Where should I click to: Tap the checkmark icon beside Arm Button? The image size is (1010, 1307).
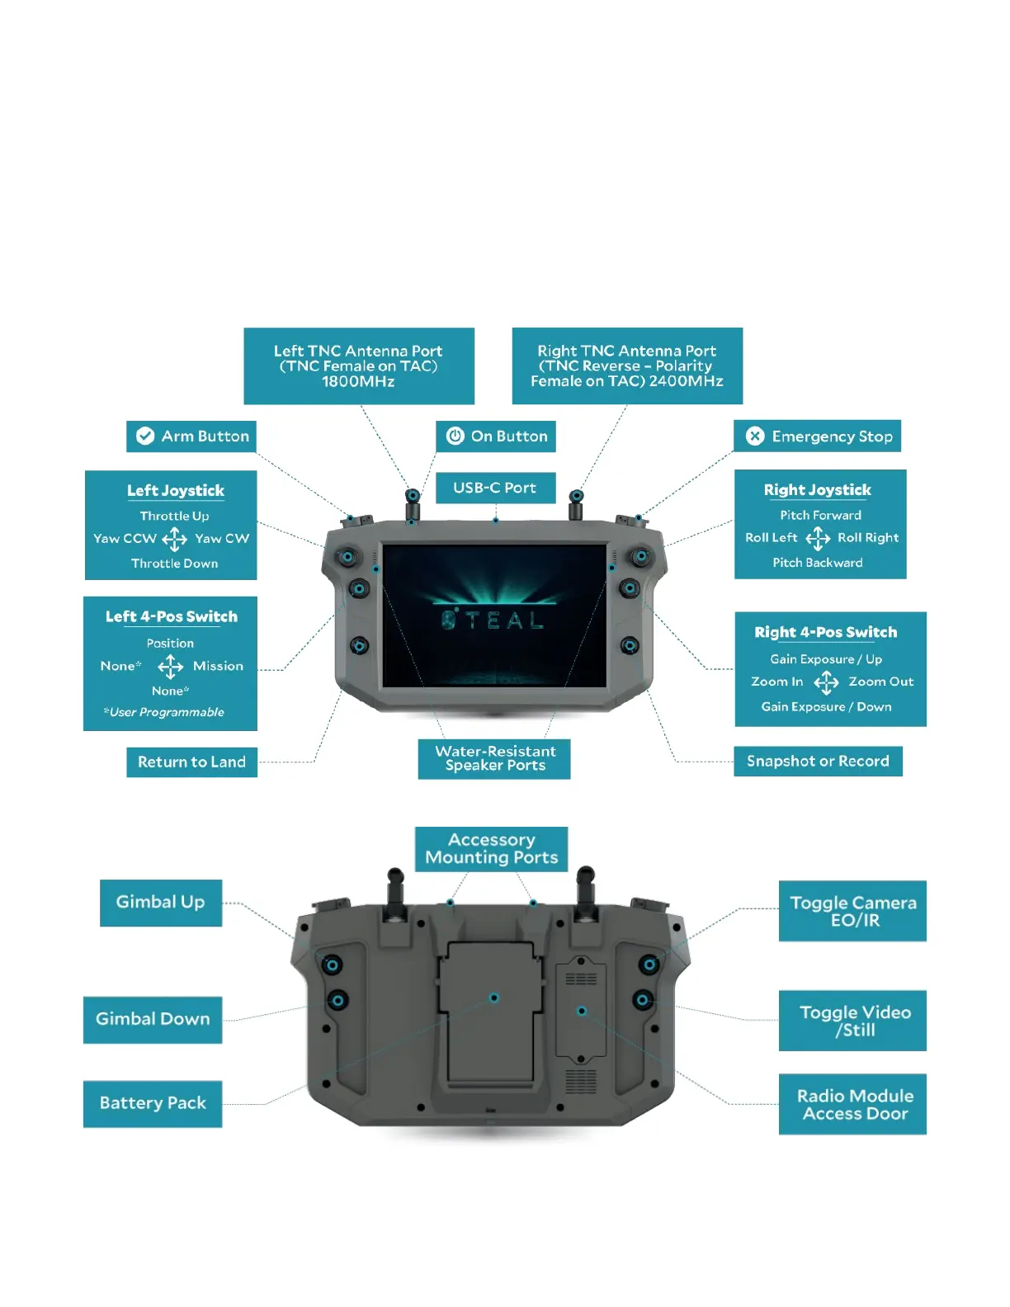tap(145, 436)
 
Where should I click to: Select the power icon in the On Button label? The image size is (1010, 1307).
tap(455, 436)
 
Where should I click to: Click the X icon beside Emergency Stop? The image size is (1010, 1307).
tap(755, 436)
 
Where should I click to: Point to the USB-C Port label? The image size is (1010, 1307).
tap(494, 488)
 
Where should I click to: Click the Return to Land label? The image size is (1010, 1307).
tap(191, 762)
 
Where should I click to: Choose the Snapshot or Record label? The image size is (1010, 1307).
tap(818, 762)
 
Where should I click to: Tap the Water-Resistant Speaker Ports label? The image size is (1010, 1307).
tap(495, 758)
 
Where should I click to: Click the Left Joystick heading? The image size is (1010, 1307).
tap(176, 491)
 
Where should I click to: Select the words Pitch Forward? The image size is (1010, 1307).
tap(820, 515)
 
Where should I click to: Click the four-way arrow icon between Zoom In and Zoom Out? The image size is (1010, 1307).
tap(826, 682)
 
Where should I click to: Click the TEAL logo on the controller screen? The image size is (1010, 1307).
tap(493, 620)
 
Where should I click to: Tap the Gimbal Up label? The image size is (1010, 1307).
tap(161, 902)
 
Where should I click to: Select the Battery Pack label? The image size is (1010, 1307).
tap(153, 1103)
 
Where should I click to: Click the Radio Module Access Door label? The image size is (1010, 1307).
tap(855, 1105)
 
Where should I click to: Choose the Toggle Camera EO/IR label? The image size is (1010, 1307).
tap(853, 911)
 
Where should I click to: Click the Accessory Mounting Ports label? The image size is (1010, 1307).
tap(492, 849)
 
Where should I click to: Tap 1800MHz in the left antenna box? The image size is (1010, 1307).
tap(358, 381)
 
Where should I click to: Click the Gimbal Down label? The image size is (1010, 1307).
tap(153, 1019)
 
